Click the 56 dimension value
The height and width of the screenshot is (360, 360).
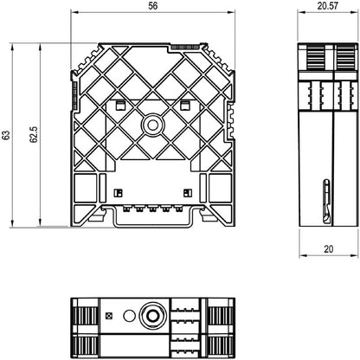click(153, 6)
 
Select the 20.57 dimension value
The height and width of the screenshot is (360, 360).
click(328, 6)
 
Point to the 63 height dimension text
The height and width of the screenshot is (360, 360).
click(6, 135)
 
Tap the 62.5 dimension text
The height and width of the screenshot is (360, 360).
click(34, 135)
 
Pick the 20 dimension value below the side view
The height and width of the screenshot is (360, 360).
click(329, 248)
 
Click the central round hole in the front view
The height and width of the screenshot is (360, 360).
click(152, 125)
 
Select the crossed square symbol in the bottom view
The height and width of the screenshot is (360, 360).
click(109, 316)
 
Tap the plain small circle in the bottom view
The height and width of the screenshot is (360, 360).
click(129, 316)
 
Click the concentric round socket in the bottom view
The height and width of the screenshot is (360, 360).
click(152, 315)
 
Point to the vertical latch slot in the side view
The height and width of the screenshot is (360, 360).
click(326, 201)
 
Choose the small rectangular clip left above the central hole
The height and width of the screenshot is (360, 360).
click(120, 106)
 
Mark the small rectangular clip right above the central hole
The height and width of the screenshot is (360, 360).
click(184, 106)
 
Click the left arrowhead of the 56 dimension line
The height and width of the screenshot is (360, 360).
click(74, 12)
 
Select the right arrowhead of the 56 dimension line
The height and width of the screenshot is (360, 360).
click(231, 12)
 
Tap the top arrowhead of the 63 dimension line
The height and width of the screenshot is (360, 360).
click(12, 47)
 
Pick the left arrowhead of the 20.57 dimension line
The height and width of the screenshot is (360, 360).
click(302, 12)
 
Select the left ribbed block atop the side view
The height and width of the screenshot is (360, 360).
click(316, 57)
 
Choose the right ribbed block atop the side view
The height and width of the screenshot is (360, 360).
click(345, 57)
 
